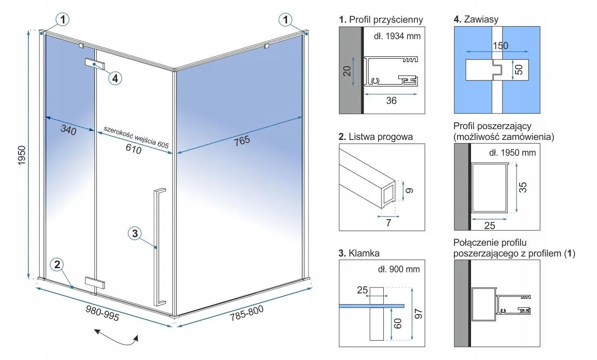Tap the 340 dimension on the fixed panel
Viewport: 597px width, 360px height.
coord(68,130)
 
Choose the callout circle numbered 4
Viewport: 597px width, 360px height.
coord(115,78)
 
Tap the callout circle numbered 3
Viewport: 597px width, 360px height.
coord(135,234)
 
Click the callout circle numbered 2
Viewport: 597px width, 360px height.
coord(57,265)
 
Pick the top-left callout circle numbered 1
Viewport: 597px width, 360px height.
coord(63,19)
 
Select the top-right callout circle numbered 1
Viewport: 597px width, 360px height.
coord(285,19)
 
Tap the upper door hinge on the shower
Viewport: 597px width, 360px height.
coord(95,64)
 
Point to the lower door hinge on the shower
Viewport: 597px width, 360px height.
coord(95,283)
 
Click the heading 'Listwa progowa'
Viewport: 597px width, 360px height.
coord(380,137)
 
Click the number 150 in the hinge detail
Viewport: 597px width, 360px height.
coord(500,45)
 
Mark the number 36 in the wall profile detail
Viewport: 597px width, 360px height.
coord(391,101)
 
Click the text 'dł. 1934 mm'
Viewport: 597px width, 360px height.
coord(397,36)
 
